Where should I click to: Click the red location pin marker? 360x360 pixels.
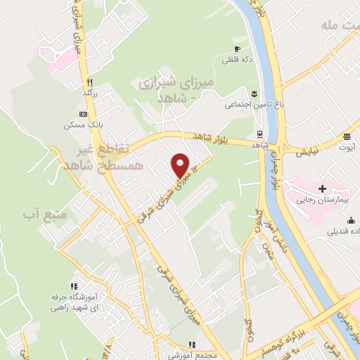pyautogui.click(x=181, y=165)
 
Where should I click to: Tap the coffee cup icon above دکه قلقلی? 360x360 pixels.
pyautogui.click(x=236, y=49)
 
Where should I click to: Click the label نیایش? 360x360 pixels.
pyautogui.click(x=310, y=151)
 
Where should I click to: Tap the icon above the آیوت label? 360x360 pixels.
pyautogui.click(x=347, y=136)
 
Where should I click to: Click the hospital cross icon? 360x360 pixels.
pyautogui.click(x=322, y=188)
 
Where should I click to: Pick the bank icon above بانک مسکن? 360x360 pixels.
pyautogui.click(x=84, y=114)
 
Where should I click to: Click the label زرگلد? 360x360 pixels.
pyautogui.click(x=89, y=92)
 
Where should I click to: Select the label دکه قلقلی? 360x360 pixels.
pyautogui.click(x=236, y=60)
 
